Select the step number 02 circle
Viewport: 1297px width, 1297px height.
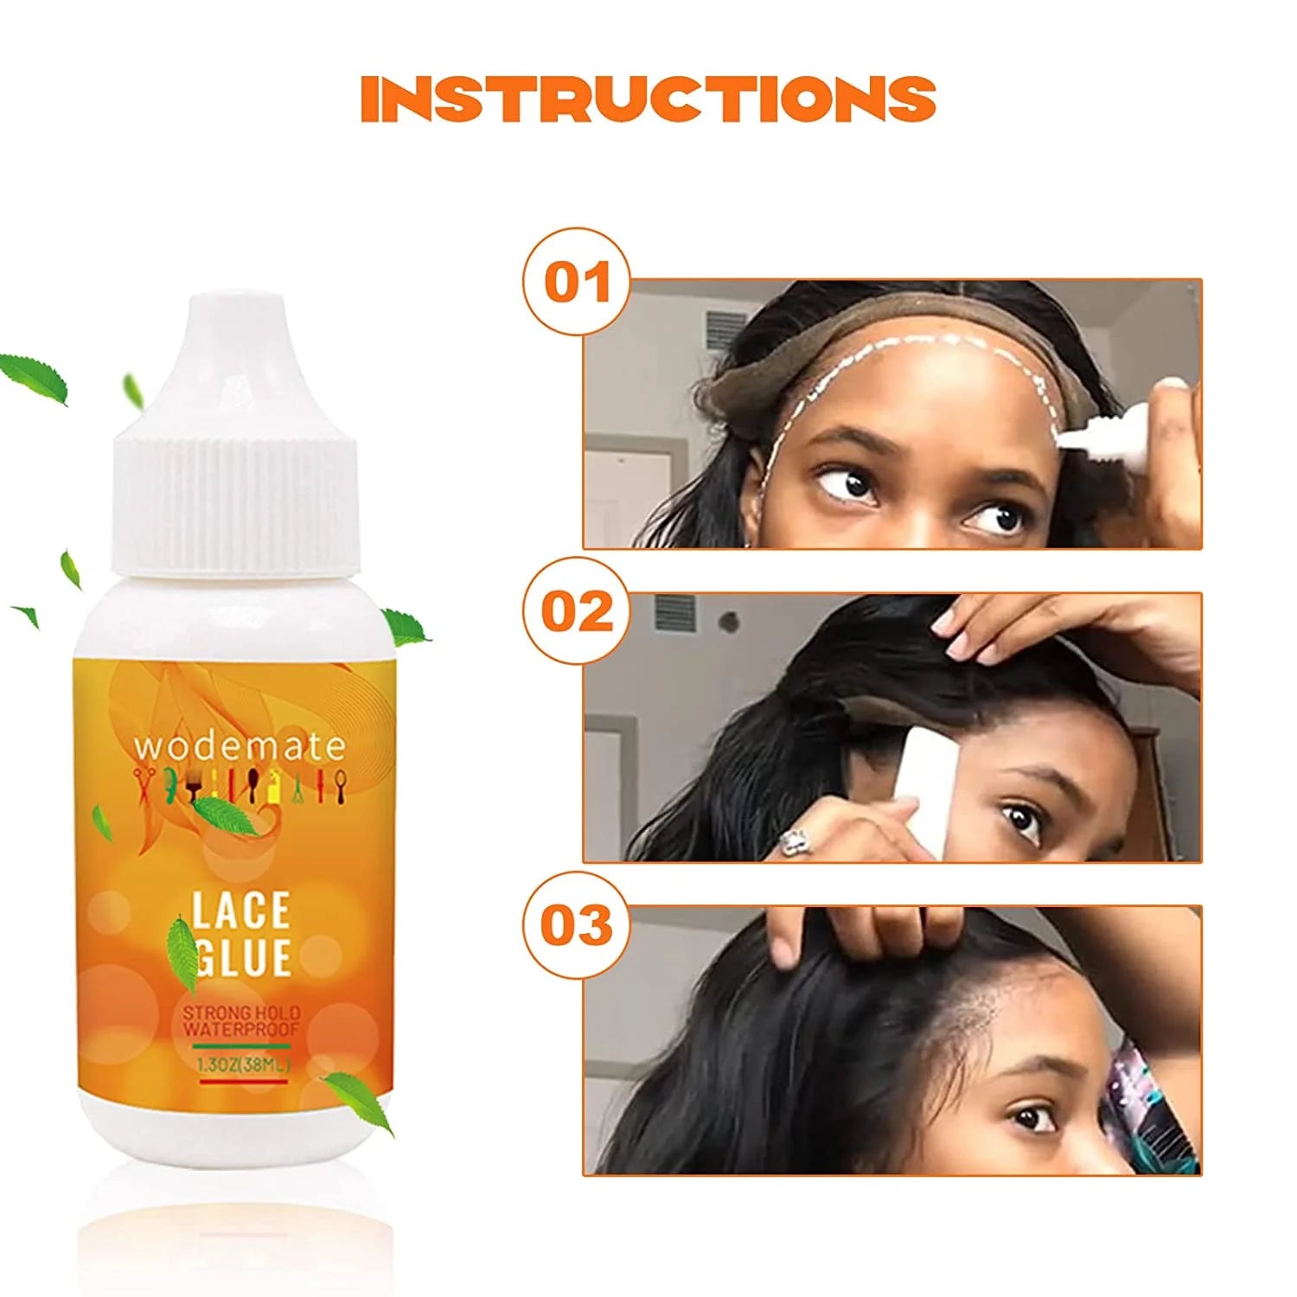coord(577,611)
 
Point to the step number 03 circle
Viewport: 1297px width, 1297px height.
coord(577,925)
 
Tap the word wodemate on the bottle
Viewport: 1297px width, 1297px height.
coord(240,744)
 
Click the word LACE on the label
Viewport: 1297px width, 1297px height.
coord(240,911)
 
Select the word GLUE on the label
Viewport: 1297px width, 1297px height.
coord(242,958)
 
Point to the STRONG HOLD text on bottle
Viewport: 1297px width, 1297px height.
coord(241,1013)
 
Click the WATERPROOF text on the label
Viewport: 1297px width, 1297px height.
coord(241,1029)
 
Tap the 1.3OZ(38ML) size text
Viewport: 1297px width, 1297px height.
coord(242,1065)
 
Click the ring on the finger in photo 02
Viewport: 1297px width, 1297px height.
coord(794,840)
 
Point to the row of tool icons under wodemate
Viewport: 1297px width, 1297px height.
coord(240,783)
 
